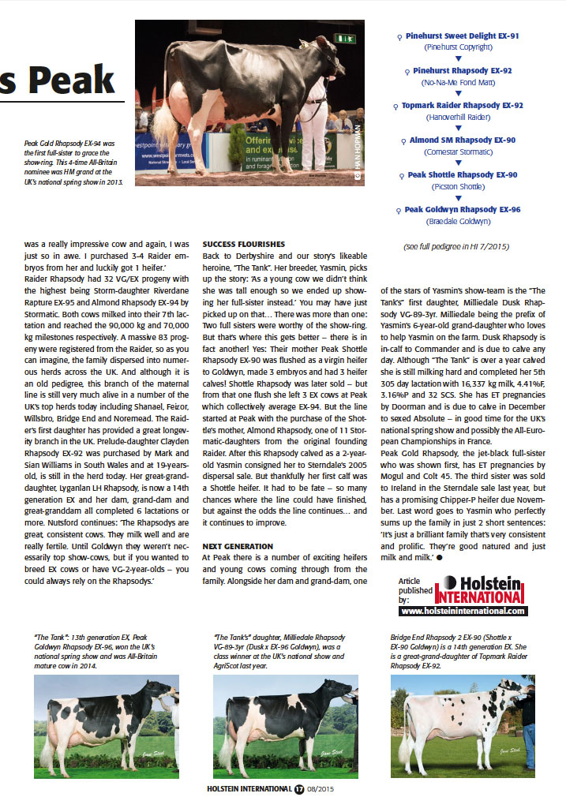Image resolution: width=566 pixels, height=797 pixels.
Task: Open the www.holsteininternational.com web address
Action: coord(463,611)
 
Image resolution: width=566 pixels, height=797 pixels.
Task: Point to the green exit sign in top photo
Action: coord(345,38)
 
